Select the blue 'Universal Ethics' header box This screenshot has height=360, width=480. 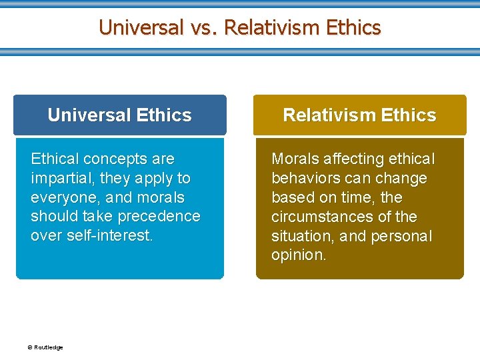pos(120,115)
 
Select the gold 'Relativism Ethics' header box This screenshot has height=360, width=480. pos(359,115)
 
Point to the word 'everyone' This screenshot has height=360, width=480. pos(61,198)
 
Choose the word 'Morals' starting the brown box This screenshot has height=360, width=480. pos(294,159)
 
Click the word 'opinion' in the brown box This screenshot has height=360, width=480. pos(297,256)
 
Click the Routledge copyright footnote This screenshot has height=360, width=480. pos(45,347)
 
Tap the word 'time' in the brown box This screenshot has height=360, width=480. pos(358,198)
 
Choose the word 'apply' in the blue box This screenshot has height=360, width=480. pos(154,179)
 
